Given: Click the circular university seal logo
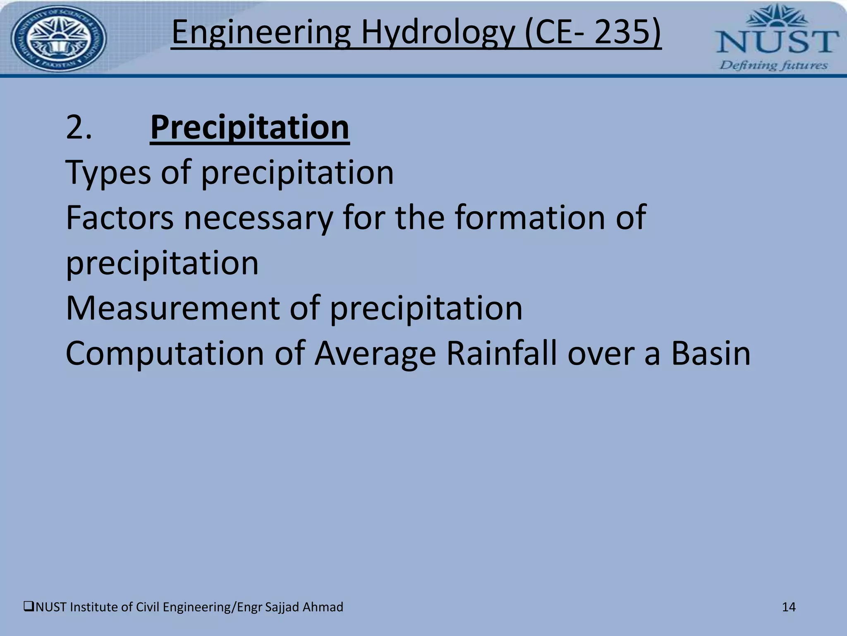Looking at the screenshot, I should (x=58, y=39).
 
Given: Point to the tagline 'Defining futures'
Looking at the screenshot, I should (x=773, y=65).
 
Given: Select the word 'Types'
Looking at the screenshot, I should (x=108, y=173).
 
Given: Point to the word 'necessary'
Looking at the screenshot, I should (x=258, y=218).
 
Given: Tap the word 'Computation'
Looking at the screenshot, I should (x=165, y=354).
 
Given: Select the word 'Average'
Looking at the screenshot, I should (x=375, y=354).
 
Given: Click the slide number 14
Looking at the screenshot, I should (x=789, y=607).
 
